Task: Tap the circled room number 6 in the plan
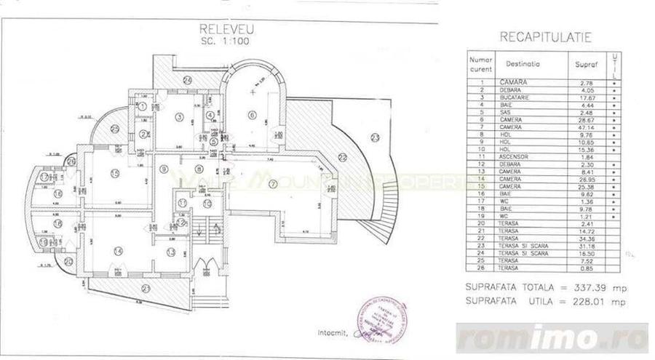coord(252,114)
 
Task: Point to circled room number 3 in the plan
coord(178,116)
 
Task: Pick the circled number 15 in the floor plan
coord(115,172)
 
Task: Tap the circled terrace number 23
coord(376,137)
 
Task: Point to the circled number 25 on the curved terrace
coord(115,129)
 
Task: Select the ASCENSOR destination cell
coord(516,156)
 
